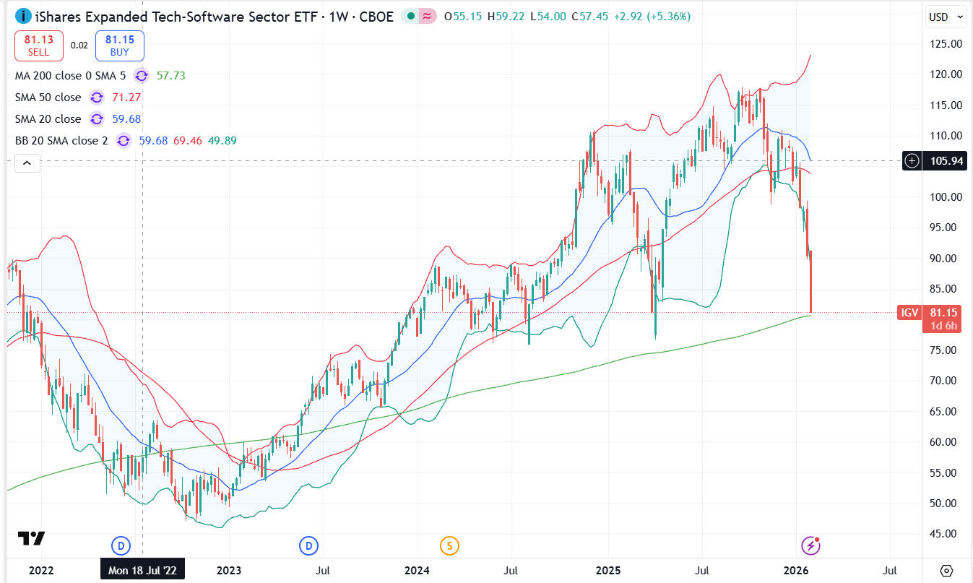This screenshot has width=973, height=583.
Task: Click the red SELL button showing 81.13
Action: (39, 46)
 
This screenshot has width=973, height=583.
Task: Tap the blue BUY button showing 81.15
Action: (119, 46)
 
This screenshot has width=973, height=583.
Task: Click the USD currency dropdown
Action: (946, 17)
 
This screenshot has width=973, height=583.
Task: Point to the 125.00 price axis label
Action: (946, 44)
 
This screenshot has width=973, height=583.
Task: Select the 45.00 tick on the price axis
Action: (946, 534)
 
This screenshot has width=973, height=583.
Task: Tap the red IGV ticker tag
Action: (909, 313)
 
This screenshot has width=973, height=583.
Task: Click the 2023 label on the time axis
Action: (229, 570)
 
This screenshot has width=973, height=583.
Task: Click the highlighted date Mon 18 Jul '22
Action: (142, 570)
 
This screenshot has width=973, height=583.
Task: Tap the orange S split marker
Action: (449, 545)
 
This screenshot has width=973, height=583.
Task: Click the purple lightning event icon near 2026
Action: (811, 545)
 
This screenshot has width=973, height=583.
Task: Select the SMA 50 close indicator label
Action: (48, 97)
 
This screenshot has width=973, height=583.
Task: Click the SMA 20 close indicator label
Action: (48, 118)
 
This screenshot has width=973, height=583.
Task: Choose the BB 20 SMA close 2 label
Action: (61, 140)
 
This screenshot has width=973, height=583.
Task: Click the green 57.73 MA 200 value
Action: (171, 75)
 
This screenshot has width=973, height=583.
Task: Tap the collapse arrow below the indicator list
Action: (27, 163)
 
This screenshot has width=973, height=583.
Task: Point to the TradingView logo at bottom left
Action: (32, 539)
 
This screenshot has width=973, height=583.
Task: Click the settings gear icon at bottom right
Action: (947, 570)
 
